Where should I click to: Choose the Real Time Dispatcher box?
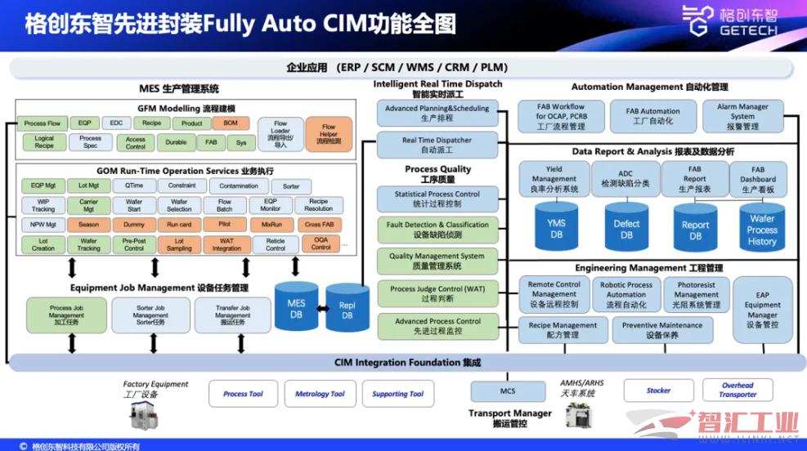pos(437,145)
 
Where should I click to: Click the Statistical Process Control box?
pos(437,199)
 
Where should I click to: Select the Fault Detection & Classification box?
pos(437,230)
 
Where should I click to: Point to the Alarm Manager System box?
pos(742,116)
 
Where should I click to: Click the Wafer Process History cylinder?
pos(761,230)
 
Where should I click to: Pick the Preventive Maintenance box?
pos(661,329)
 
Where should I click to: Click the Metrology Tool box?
pos(320,394)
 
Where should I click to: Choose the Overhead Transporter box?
pos(738,390)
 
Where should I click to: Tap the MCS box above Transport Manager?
pos(508,391)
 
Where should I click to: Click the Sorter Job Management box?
pos(150,315)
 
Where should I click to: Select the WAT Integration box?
pos(226,243)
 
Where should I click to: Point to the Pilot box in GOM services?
pos(225,224)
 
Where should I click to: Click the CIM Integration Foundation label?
pos(407,362)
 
